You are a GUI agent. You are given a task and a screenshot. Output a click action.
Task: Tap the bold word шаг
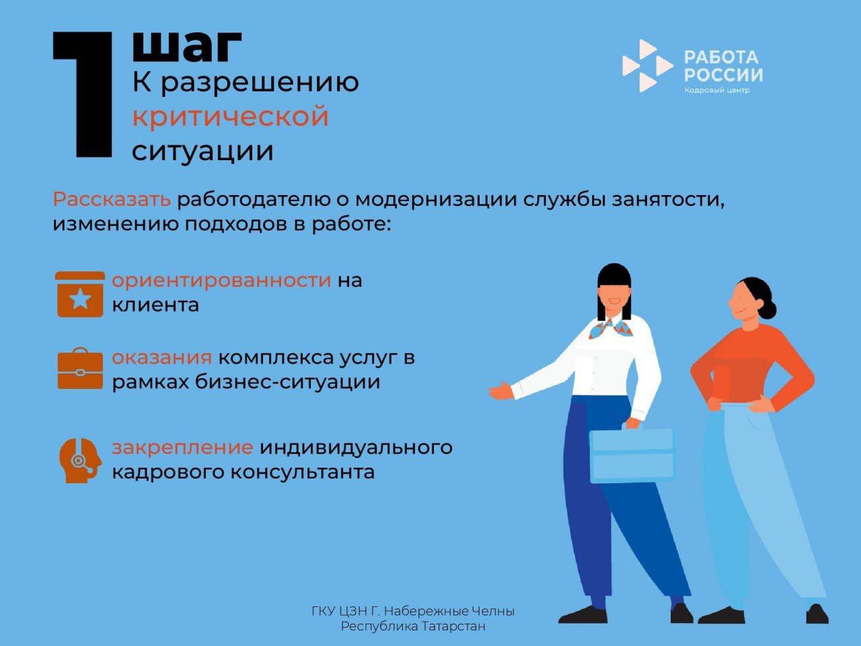[x=186, y=45]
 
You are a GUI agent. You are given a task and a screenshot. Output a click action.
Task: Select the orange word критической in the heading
[x=230, y=116]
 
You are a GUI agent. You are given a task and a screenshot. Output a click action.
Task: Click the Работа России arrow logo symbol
[x=646, y=65]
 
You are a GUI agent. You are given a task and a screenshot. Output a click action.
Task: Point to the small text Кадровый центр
[x=716, y=91]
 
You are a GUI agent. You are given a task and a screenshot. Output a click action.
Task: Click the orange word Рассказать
[x=112, y=200]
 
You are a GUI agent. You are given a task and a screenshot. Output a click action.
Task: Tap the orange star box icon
[x=80, y=294]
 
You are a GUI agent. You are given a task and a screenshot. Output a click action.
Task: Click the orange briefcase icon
[x=80, y=369]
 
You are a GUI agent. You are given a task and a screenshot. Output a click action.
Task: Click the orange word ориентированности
[x=221, y=280]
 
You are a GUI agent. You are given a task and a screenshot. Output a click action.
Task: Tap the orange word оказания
[x=161, y=357]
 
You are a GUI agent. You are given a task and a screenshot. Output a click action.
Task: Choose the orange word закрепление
[x=182, y=447]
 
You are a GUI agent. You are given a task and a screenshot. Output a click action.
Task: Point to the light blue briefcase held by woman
[x=631, y=455]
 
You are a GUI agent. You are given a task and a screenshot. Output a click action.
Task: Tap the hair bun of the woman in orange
[x=770, y=309]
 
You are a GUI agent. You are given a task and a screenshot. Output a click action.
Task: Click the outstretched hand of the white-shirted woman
[x=499, y=390]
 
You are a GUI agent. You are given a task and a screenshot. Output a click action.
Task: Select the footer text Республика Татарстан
[x=413, y=626]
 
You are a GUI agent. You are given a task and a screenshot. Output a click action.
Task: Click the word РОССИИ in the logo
[x=723, y=75]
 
